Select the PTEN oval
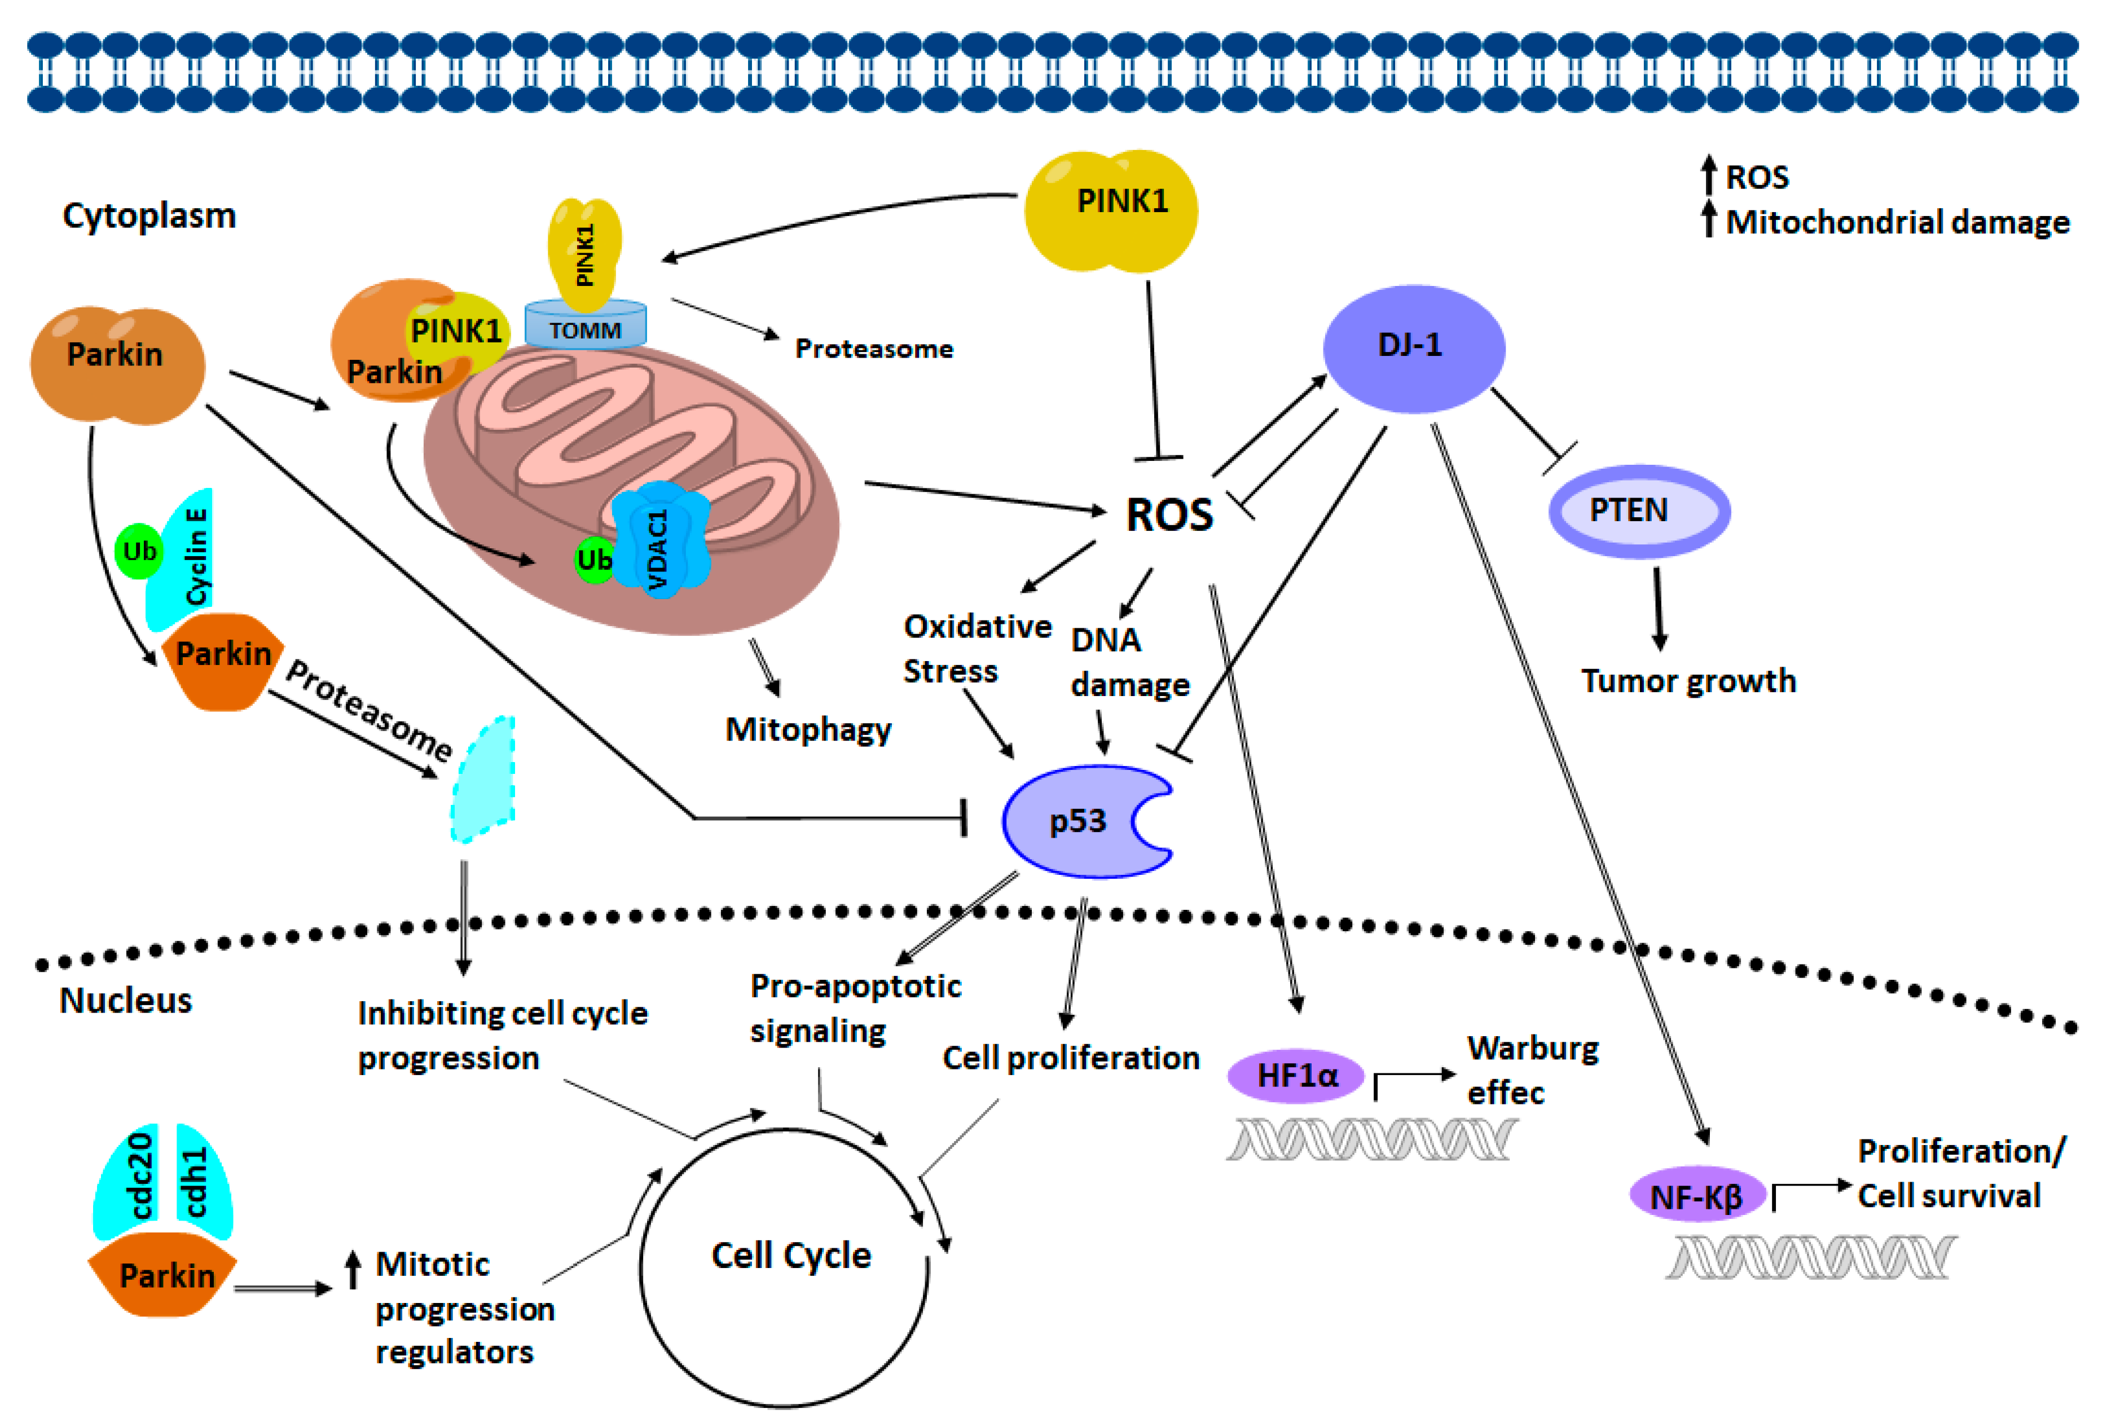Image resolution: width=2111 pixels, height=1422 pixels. click(1638, 510)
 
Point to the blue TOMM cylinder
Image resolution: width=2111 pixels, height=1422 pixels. click(585, 328)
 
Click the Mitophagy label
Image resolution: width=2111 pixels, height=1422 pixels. click(807, 730)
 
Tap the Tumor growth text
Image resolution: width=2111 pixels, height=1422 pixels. click(1687, 681)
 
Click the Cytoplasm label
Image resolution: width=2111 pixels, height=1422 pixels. click(149, 216)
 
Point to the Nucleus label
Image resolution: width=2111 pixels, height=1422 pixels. click(125, 1000)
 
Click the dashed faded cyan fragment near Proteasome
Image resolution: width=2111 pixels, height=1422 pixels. click(483, 780)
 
